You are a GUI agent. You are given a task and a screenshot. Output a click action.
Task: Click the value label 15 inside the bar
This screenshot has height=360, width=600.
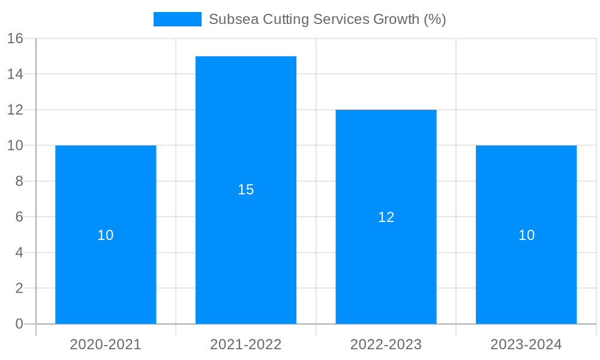click(246, 190)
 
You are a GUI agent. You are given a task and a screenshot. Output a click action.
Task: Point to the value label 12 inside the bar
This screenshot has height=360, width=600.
click(386, 217)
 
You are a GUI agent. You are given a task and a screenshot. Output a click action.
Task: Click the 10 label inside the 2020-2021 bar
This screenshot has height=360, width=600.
click(106, 235)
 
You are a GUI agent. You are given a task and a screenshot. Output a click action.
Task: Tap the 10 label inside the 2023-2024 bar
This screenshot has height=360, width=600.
click(526, 235)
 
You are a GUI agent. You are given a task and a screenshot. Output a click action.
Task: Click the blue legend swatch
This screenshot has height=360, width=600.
click(178, 19)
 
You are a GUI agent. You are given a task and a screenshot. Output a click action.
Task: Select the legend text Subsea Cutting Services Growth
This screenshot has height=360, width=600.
click(327, 19)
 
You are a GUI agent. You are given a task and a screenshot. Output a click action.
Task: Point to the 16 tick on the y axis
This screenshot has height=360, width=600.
click(15, 38)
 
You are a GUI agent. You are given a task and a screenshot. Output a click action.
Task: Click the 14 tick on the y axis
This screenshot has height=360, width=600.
click(15, 74)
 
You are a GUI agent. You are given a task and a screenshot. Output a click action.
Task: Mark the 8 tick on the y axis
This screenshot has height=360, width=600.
click(19, 181)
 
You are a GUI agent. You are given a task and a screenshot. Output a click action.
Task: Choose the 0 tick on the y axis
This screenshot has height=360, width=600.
click(19, 324)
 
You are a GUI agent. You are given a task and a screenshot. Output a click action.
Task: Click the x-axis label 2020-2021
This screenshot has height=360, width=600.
click(106, 344)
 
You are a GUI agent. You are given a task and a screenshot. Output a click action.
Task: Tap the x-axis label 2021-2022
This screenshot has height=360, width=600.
click(246, 344)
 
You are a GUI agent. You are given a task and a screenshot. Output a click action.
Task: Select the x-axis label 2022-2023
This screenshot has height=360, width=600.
click(386, 344)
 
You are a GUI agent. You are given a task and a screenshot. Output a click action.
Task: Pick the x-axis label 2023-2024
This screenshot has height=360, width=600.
click(526, 344)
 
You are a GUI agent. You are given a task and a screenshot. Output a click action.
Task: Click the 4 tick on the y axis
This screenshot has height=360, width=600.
click(19, 253)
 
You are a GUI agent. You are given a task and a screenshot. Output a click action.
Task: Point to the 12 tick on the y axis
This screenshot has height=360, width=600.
click(15, 110)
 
